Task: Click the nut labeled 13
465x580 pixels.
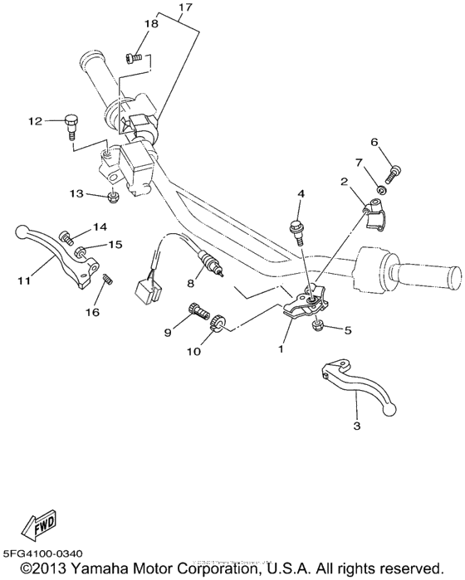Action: pyautogui.click(x=112, y=197)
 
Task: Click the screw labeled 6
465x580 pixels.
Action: pyautogui.click(x=392, y=173)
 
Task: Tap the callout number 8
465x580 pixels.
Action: pyautogui.click(x=190, y=283)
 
